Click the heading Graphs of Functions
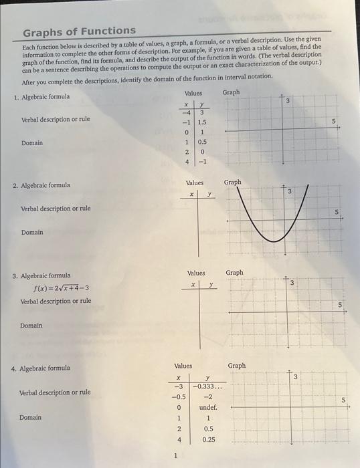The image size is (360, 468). coord(79,31)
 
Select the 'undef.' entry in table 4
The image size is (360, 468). coord(208,407)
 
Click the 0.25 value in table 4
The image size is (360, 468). coord(209,439)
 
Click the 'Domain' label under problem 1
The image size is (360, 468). coord(32,142)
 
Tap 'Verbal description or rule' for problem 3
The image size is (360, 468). coord(56,301)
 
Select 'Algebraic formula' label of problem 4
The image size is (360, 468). coord(45,368)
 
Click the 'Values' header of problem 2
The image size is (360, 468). coord(195,183)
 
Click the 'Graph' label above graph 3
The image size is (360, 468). coord(235,273)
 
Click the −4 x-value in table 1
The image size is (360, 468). coord(188,112)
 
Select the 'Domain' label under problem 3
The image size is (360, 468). coord(31,326)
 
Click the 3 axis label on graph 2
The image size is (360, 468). coord(290,192)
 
